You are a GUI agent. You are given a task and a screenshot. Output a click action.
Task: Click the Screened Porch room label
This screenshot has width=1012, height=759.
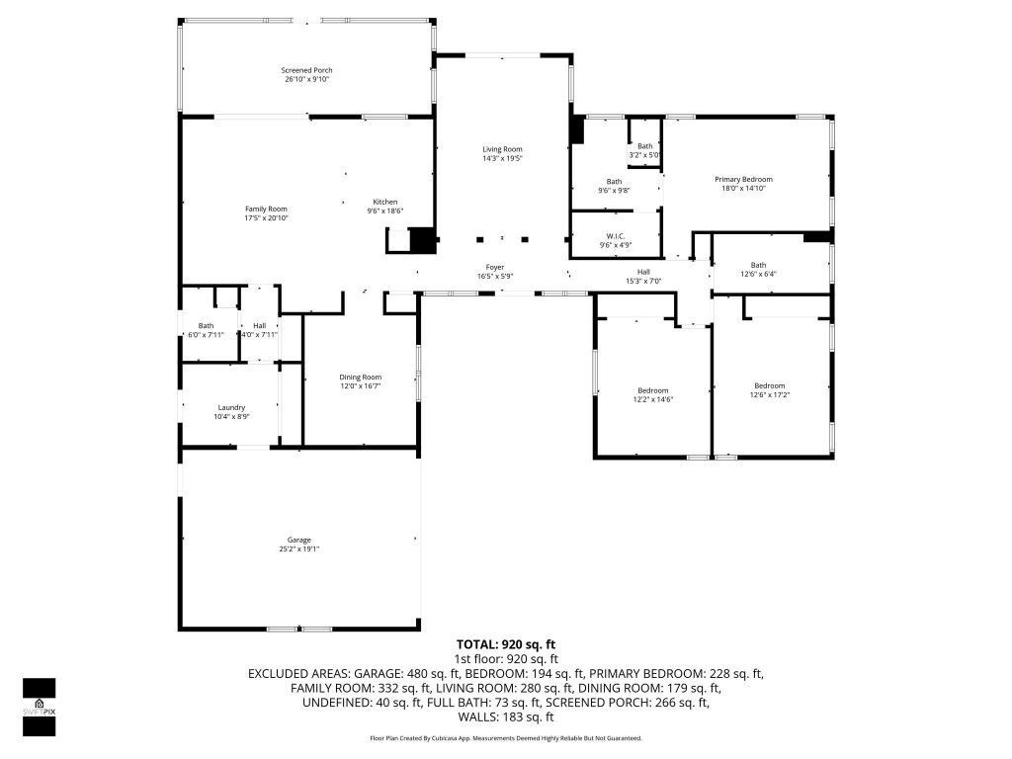tap(306, 70)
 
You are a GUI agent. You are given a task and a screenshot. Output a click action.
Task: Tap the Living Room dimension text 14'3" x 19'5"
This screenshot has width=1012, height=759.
tap(502, 158)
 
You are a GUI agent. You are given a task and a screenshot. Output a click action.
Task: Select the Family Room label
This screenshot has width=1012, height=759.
tap(266, 209)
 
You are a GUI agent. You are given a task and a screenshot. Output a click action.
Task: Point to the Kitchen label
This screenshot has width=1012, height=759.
tap(385, 202)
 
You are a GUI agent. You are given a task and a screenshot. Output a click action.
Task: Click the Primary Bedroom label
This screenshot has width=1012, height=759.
tap(743, 179)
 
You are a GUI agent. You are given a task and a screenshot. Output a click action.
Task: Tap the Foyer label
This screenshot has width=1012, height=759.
tap(495, 266)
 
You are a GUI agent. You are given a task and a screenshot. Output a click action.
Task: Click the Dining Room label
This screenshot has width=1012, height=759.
tap(360, 377)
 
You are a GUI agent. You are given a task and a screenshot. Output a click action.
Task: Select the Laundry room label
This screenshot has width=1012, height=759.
tap(231, 407)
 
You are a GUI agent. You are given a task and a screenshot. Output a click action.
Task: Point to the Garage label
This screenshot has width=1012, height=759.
tap(299, 540)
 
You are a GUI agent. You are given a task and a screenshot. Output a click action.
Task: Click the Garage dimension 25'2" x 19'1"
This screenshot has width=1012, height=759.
tap(299, 549)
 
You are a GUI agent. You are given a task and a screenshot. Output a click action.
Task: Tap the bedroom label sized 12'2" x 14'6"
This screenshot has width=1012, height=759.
tap(652, 390)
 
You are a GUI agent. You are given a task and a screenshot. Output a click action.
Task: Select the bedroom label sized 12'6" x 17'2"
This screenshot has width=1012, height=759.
tap(769, 385)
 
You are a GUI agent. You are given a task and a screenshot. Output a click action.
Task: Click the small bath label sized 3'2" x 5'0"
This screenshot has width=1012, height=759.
tap(644, 146)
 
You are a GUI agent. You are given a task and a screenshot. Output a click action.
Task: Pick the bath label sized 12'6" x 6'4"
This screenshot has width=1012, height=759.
tap(758, 265)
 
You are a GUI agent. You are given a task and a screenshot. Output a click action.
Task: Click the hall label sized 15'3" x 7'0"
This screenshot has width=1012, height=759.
tap(643, 272)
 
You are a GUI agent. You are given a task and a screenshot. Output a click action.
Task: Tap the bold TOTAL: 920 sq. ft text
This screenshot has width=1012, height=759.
tap(505, 644)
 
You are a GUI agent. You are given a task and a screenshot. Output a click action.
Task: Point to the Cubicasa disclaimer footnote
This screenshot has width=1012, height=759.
tap(505, 738)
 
